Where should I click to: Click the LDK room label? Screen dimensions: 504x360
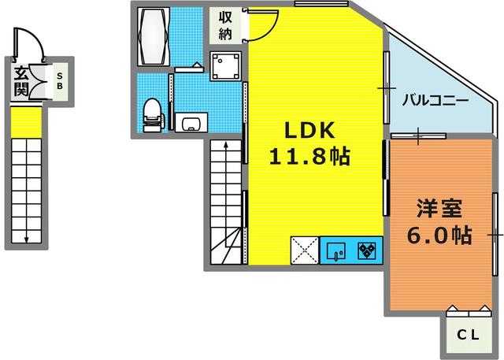[309, 130]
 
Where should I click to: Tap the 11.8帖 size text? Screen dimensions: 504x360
[309, 157]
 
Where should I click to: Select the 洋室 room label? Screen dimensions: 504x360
[439, 208]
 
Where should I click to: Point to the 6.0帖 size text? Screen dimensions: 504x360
[439, 235]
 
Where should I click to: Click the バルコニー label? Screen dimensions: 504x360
[435, 101]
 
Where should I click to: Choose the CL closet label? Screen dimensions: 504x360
[468, 336]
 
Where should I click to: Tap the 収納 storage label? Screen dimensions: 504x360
[225, 25]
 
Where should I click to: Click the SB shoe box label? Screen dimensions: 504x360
[60, 81]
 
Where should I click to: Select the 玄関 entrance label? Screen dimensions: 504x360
[21, 82]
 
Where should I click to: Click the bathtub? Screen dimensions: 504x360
[154, 37]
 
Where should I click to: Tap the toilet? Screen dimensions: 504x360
[153, 115]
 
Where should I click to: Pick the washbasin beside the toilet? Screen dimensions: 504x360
[191, 122]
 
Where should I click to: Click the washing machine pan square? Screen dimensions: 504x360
[226, 66]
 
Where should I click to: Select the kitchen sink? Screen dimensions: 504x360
[336, 251]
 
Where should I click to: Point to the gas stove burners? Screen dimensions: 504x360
[367, 251]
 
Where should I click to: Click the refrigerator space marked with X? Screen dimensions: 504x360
[305, 251]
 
